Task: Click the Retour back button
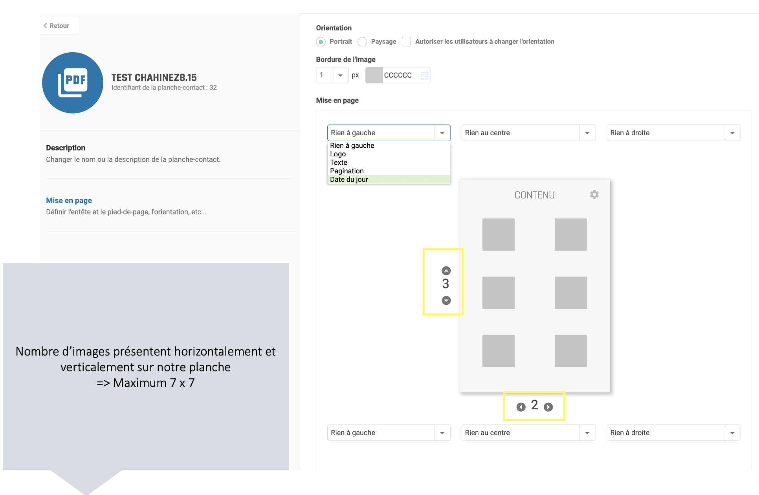pos(57,26)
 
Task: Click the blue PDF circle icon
pos(73,83)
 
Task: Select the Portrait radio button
pos(321,42)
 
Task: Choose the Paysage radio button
pos(362,42)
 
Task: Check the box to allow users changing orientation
pos(407,42)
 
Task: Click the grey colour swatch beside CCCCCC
pos(374,75)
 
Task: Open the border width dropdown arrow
pos(340,75)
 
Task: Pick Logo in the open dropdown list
pos(338,154)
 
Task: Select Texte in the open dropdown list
pos(339,162)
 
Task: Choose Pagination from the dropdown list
pos(347,171)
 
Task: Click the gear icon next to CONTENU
pos(594,194)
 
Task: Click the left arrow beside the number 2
pos(521,407)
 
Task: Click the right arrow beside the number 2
pos(548,407)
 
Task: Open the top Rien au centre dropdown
pos(528,133)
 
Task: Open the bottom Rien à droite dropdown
pos(673,433)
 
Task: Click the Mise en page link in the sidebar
pos(69,200)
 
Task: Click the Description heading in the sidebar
pos(66,148)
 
